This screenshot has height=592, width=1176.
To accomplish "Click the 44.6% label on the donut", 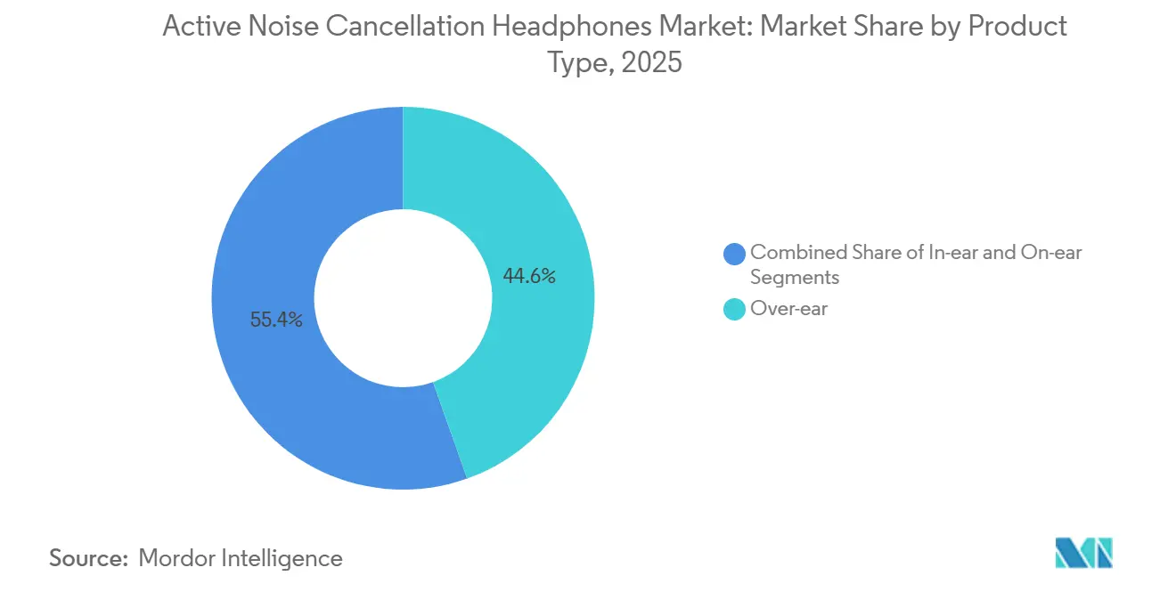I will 529,277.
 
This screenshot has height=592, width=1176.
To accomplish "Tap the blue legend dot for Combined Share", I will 735,253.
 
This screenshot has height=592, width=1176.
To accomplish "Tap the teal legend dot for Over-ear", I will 735,310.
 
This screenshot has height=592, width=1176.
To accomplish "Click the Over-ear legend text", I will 788,310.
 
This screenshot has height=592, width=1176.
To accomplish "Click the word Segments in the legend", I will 795,278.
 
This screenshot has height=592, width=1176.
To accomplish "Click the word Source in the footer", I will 88,558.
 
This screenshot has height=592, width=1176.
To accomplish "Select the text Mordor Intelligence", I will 241,558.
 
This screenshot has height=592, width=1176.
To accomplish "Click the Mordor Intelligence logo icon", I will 1083,553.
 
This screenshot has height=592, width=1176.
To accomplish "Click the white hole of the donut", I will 403,297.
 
